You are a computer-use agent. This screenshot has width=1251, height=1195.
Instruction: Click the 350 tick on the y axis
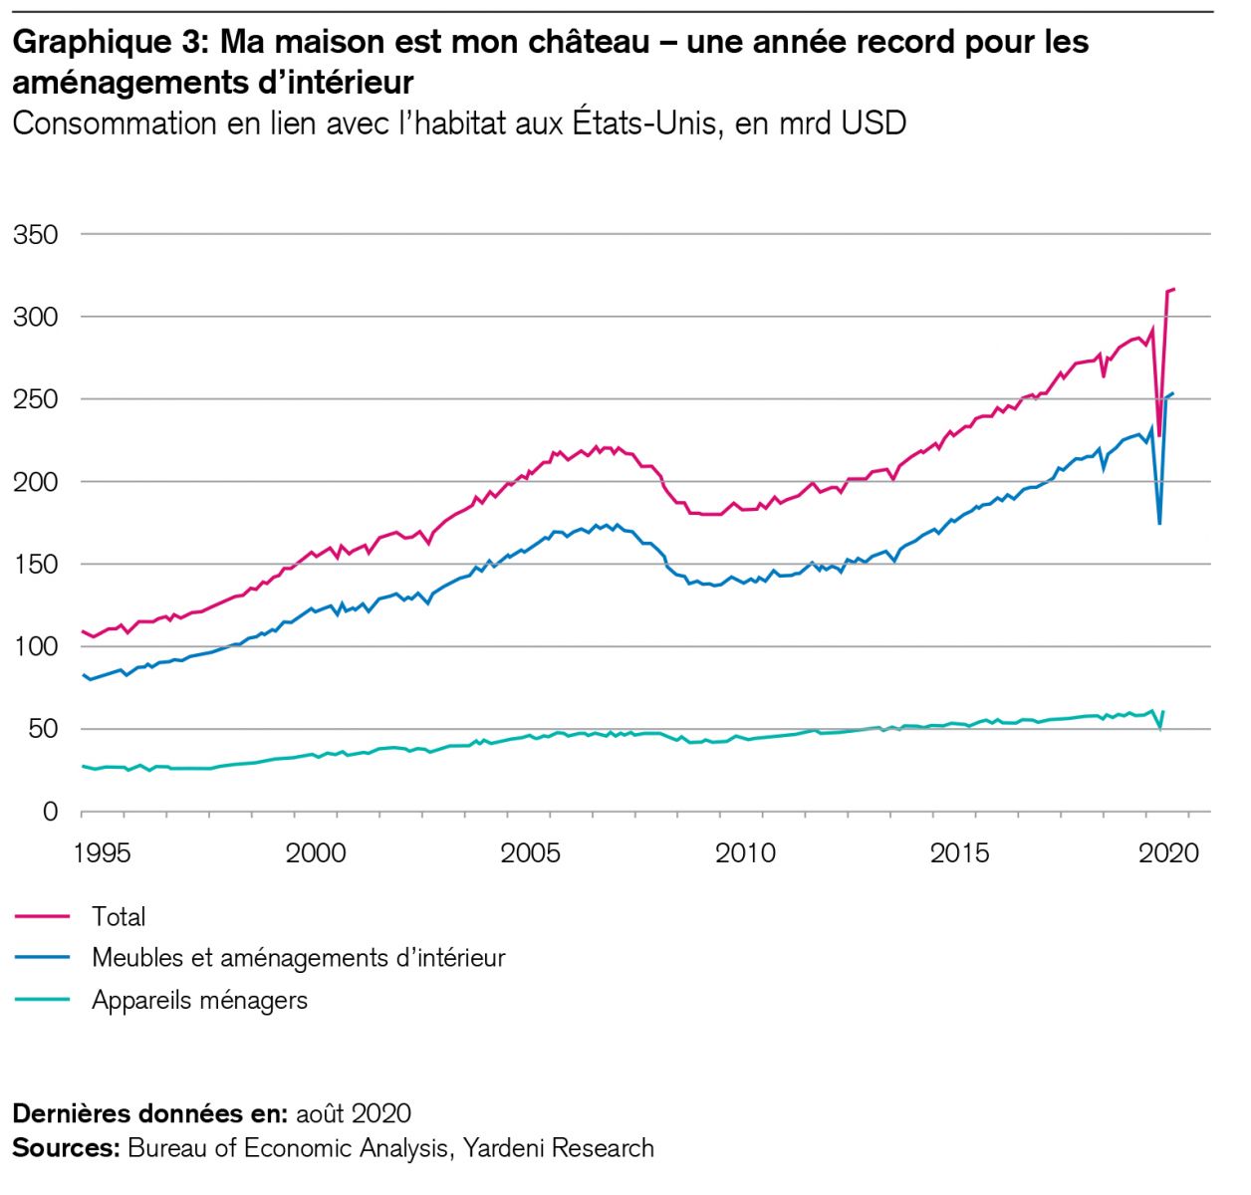[36, 235]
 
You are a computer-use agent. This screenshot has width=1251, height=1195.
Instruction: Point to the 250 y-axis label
[36, 399]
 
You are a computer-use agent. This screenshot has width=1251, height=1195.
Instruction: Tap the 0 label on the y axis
[50, 812]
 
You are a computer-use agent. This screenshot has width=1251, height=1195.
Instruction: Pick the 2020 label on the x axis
[1168, 853]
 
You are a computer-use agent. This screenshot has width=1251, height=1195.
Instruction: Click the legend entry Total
[119, 916]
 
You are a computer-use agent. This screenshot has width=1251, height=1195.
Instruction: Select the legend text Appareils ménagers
[199, 1000]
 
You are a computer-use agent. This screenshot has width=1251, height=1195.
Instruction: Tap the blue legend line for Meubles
[43, 958]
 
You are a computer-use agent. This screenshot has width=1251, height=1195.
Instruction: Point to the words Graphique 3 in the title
[108, 42]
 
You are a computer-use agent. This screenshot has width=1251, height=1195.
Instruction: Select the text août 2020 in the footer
[353, 1112]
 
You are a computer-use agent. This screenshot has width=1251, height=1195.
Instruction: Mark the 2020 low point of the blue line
[1159, 524]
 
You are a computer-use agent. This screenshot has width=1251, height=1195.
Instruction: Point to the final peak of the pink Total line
[1174, 289]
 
